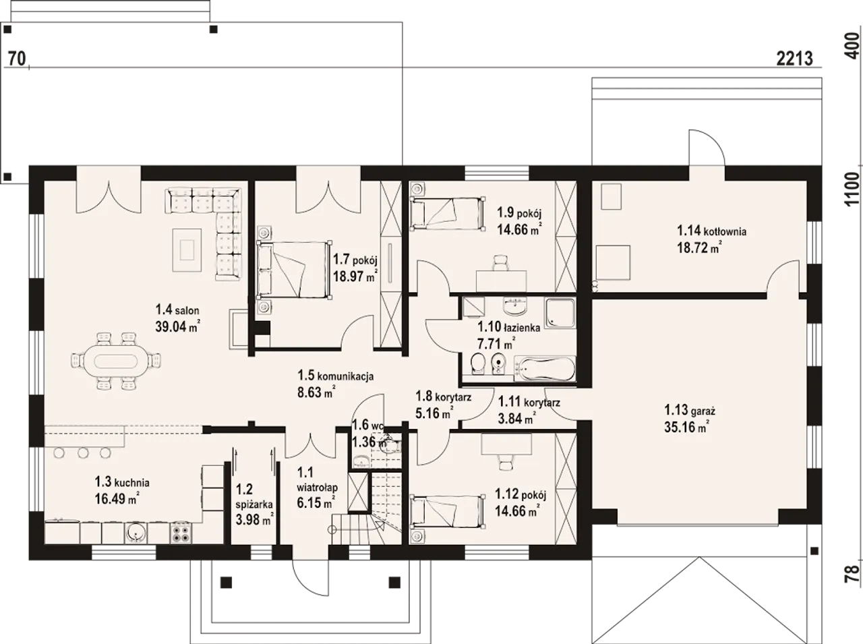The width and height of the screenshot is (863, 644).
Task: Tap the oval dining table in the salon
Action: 116,361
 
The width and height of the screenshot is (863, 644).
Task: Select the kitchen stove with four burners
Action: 181,533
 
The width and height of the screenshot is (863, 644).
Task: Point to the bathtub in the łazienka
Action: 545,368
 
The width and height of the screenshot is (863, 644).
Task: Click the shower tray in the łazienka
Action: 560,313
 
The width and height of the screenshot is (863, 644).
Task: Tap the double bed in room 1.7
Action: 294,270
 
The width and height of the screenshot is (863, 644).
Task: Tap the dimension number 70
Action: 17,59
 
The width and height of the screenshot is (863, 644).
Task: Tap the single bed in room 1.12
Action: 446,510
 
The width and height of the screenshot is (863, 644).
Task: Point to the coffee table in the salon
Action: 187,250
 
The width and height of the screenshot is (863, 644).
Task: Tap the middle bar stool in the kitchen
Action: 83,453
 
